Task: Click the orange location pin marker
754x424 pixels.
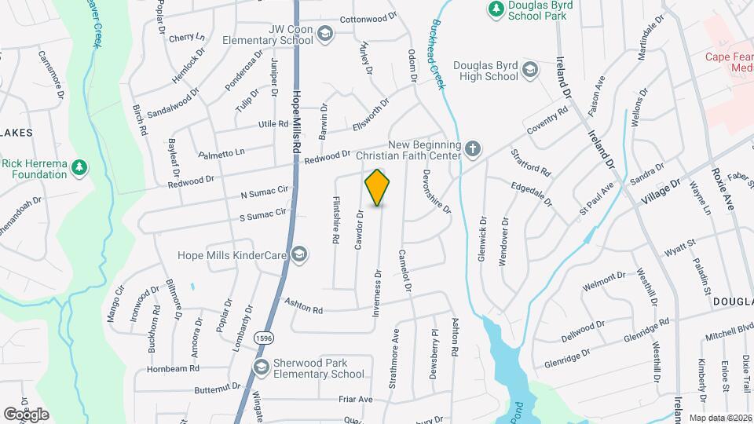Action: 378,188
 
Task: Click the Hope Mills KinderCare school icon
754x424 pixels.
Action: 298,254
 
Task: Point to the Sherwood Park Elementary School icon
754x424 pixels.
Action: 260,367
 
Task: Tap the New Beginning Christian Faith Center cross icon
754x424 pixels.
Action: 471,148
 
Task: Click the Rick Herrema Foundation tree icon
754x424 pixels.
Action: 78,167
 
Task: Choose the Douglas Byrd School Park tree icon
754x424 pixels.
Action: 496,9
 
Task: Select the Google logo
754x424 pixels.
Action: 26,414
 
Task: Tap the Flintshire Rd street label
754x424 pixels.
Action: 336,222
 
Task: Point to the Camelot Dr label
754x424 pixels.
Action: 406,269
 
